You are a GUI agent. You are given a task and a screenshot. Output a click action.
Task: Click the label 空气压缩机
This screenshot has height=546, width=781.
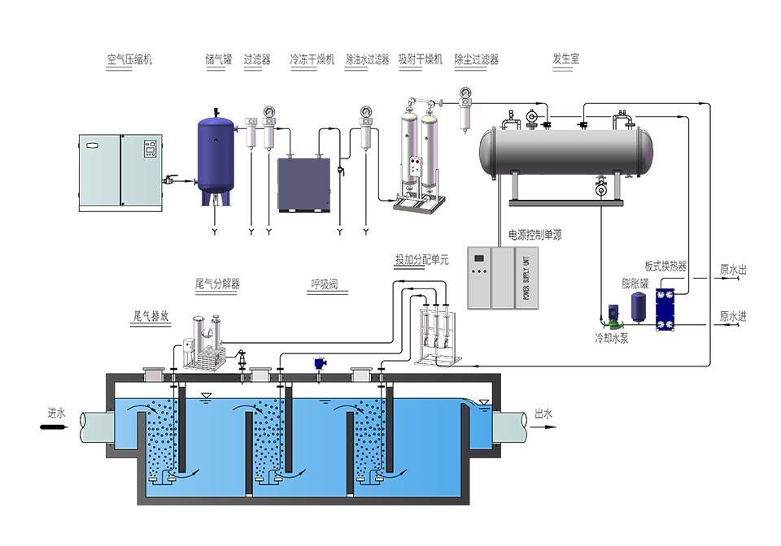(129, 59)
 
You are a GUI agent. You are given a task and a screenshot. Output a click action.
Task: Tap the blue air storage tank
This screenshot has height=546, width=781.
(217, 157)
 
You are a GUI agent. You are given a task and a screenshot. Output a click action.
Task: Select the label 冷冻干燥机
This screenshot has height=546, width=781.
(312, 59)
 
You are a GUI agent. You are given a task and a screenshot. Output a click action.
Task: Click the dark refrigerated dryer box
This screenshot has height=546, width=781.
(304, 184)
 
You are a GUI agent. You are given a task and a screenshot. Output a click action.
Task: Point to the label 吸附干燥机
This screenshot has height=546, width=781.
(420, 59)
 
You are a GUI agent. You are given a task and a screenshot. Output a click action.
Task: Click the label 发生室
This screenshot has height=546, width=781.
(565, 59)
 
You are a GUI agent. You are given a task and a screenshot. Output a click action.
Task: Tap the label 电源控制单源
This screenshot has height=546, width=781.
(534, 235)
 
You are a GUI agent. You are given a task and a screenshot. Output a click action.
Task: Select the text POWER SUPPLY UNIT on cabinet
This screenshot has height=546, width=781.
(526, 276)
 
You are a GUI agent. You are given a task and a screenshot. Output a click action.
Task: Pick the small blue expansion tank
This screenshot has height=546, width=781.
(639, 307)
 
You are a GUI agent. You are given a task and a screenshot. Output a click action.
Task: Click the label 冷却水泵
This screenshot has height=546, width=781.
(611, 337)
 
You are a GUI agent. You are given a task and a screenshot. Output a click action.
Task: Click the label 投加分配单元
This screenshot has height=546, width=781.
(421, 261)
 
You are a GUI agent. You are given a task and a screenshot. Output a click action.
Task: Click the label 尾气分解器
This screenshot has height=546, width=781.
(217, 284)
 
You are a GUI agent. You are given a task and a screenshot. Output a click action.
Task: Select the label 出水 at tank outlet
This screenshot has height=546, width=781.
(543, 414)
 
